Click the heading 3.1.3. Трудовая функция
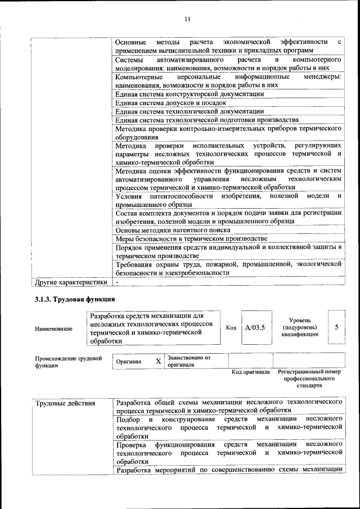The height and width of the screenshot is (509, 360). [x=75, y=299]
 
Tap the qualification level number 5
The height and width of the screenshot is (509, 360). [x=336, y=327]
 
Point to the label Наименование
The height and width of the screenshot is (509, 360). [x=53, y=328]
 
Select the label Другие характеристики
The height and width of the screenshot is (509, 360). [x=71, y=282]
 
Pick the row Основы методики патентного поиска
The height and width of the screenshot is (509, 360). [x=173, y=230]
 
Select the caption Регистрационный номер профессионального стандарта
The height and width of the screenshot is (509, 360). [x=309, y=379]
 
